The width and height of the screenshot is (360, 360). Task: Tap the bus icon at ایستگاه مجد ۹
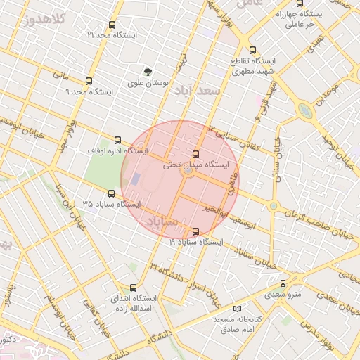[88, 81]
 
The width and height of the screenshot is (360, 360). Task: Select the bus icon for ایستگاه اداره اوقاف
[117, 140]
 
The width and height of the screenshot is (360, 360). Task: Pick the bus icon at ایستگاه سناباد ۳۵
[111, 193]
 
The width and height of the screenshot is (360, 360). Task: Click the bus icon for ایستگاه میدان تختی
[195, 154]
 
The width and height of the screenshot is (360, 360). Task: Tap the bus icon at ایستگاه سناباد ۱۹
[195, 231]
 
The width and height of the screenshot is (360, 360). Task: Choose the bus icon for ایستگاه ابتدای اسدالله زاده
[134, 288]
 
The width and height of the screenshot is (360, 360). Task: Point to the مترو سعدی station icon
[283, 283]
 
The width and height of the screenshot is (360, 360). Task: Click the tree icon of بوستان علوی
[148, 72]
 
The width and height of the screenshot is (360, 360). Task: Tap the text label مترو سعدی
[283, 294]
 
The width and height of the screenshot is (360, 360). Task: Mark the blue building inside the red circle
[135, 179]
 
